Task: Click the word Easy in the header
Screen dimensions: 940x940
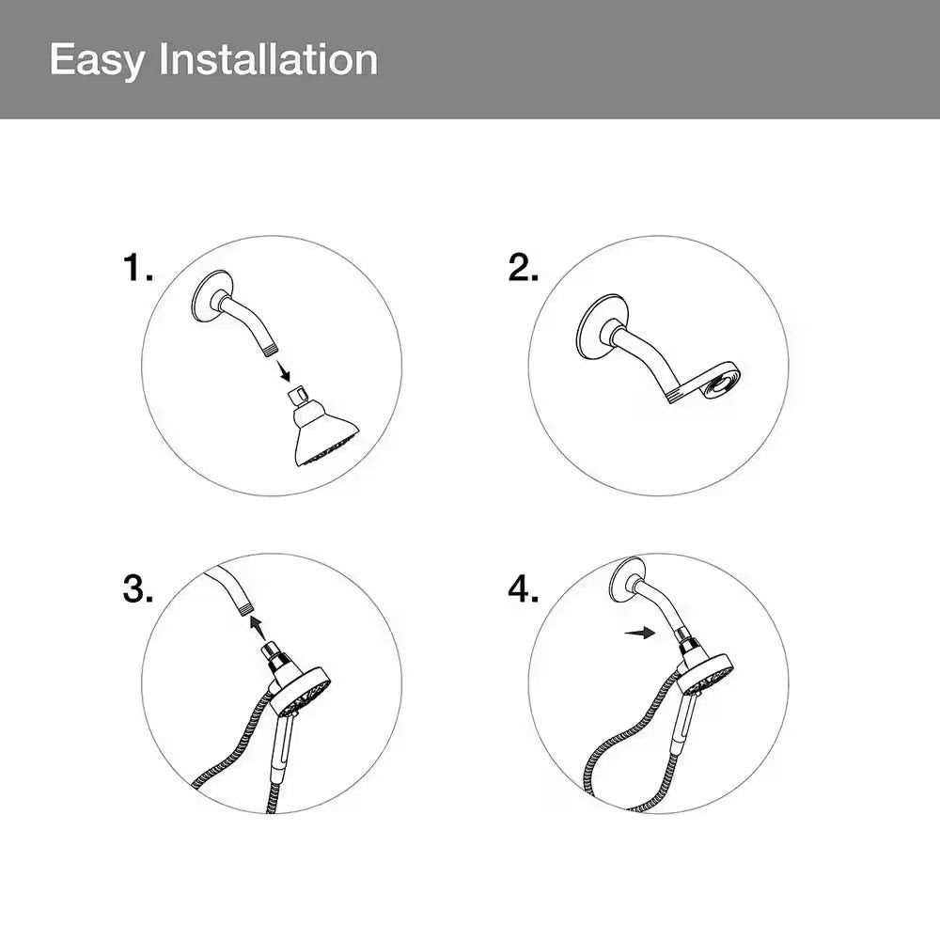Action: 97,61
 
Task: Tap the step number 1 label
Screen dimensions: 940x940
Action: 138,267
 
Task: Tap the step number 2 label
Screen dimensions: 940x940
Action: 524,267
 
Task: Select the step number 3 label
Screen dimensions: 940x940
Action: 138,588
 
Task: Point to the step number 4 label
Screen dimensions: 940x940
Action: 524,588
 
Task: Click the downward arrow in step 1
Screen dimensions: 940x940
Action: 283,370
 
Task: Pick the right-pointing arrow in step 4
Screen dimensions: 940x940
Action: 639,633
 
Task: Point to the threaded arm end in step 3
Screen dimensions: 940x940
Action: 244,610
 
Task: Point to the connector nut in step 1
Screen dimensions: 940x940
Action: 297,397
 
